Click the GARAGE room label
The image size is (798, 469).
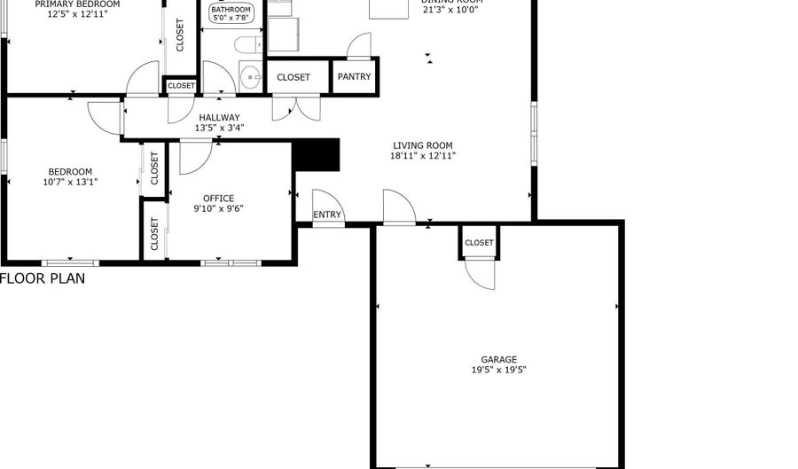coord(499,360)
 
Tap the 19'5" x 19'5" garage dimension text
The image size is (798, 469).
coord(499,371)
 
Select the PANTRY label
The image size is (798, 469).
coord(355,77)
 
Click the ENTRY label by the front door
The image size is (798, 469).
coord(327,215)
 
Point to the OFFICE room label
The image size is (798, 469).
coord(218,199)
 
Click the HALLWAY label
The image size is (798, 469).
coord(219,117)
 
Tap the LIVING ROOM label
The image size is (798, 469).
coord(423,145)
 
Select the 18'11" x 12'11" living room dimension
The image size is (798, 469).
coord(423,156)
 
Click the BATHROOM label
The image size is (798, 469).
coord(231,10)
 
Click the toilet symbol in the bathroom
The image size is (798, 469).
coord(247,44)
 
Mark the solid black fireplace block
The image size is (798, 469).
coord(317,154)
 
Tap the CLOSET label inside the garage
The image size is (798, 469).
coord(479,242)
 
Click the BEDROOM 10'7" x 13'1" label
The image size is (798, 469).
coord(70,176)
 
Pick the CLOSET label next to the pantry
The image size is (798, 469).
coord(293,77)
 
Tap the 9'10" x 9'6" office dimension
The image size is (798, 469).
coord(218,209)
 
